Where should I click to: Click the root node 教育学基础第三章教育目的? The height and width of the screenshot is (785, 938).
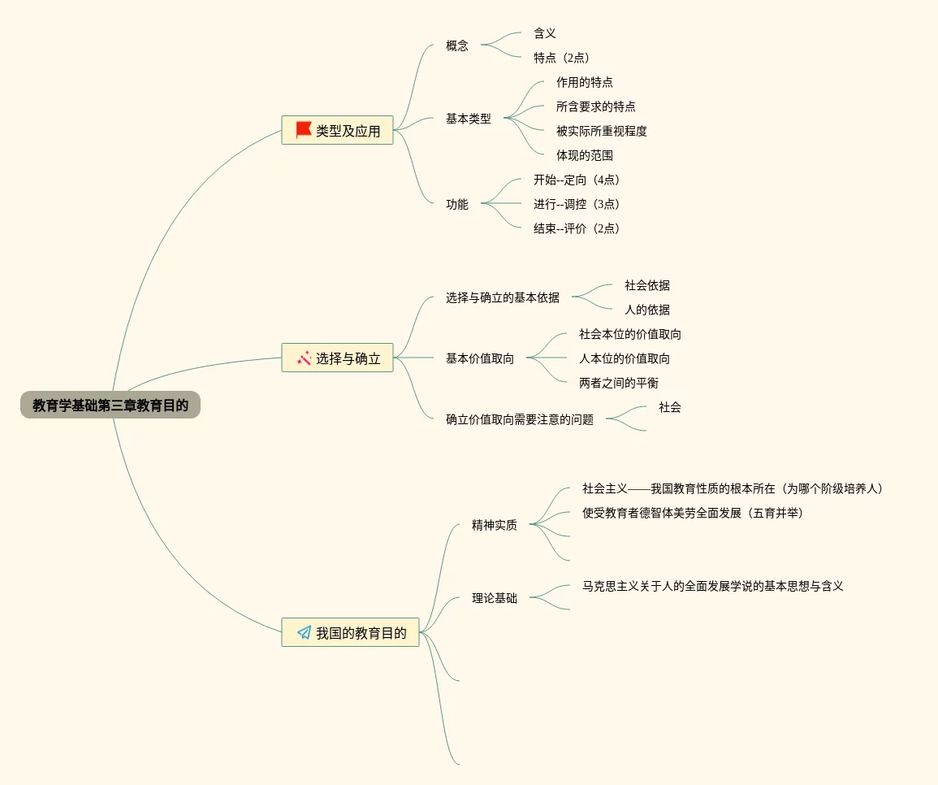[110, 405]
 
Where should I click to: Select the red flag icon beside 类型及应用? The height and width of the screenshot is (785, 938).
[304, 129]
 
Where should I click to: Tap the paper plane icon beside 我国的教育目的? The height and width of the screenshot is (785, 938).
[304, 632]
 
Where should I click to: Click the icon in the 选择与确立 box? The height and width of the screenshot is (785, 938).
[304, 358]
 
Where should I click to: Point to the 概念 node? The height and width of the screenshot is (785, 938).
[457, 46]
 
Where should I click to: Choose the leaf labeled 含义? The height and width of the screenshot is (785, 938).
[545, 33]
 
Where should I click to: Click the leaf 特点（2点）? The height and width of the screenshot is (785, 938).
[561, 58]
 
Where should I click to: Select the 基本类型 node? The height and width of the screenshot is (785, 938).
[469, 119]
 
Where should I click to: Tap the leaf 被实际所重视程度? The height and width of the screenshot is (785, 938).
[602, 131]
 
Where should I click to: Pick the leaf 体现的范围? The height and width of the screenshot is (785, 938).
[585, 155]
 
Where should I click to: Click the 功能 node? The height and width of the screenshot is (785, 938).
[457, 204]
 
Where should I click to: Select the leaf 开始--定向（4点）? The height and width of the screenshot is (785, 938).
[579, 180]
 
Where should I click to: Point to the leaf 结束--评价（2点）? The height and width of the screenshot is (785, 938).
[579, 228]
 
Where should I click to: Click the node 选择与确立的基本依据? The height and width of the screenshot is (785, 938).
[503, 297]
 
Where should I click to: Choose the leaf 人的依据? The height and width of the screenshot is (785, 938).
[647, 310]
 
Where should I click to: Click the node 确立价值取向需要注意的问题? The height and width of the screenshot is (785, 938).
[520, 419]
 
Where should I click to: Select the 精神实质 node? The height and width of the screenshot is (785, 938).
[495, 525]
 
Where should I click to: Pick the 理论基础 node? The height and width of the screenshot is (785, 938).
[495, 598]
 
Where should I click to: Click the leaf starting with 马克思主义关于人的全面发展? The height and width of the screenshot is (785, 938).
[713, 586]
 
